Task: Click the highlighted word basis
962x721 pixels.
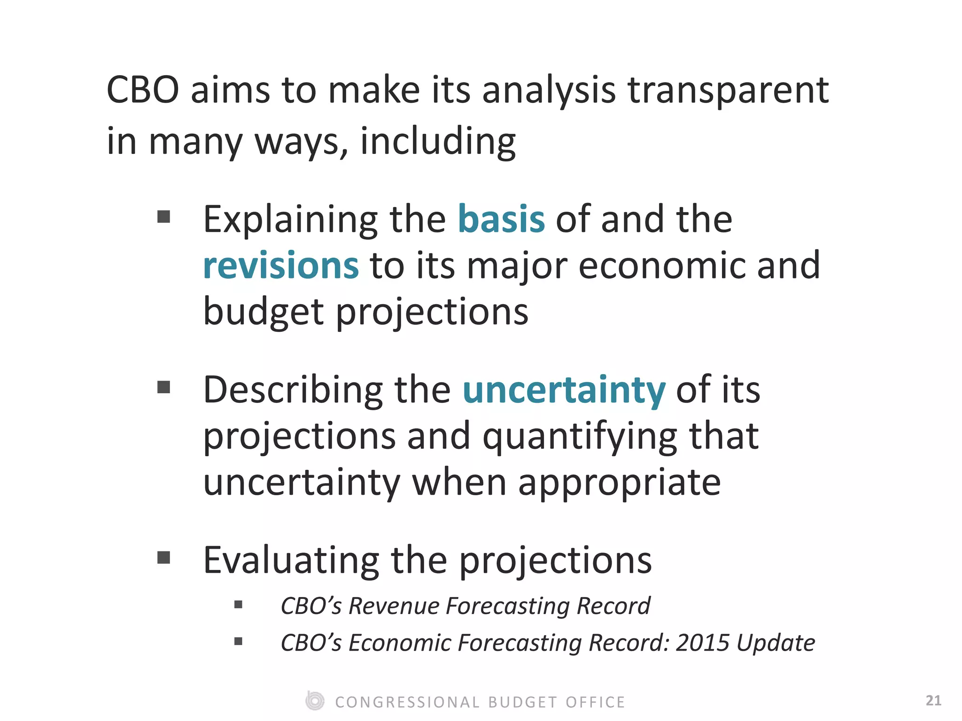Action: tap(501, 219)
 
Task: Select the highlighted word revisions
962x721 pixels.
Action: tap(281, 266)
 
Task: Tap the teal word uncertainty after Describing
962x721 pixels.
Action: tap(564, 390)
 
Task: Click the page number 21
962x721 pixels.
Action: tap(933, 701)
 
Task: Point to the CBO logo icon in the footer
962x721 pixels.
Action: tap(315, 701)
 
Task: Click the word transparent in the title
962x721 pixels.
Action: tap(728, 90)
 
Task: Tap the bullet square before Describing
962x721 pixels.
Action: tap(163, 387)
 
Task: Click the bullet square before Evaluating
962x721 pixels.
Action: tap(163, 558)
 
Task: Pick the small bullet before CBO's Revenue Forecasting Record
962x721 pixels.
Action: tap(238, 605)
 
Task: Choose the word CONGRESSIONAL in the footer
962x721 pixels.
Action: tap(407, 702)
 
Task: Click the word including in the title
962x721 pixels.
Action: tap(438, 141)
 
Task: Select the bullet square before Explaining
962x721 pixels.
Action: tap(163, 217)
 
